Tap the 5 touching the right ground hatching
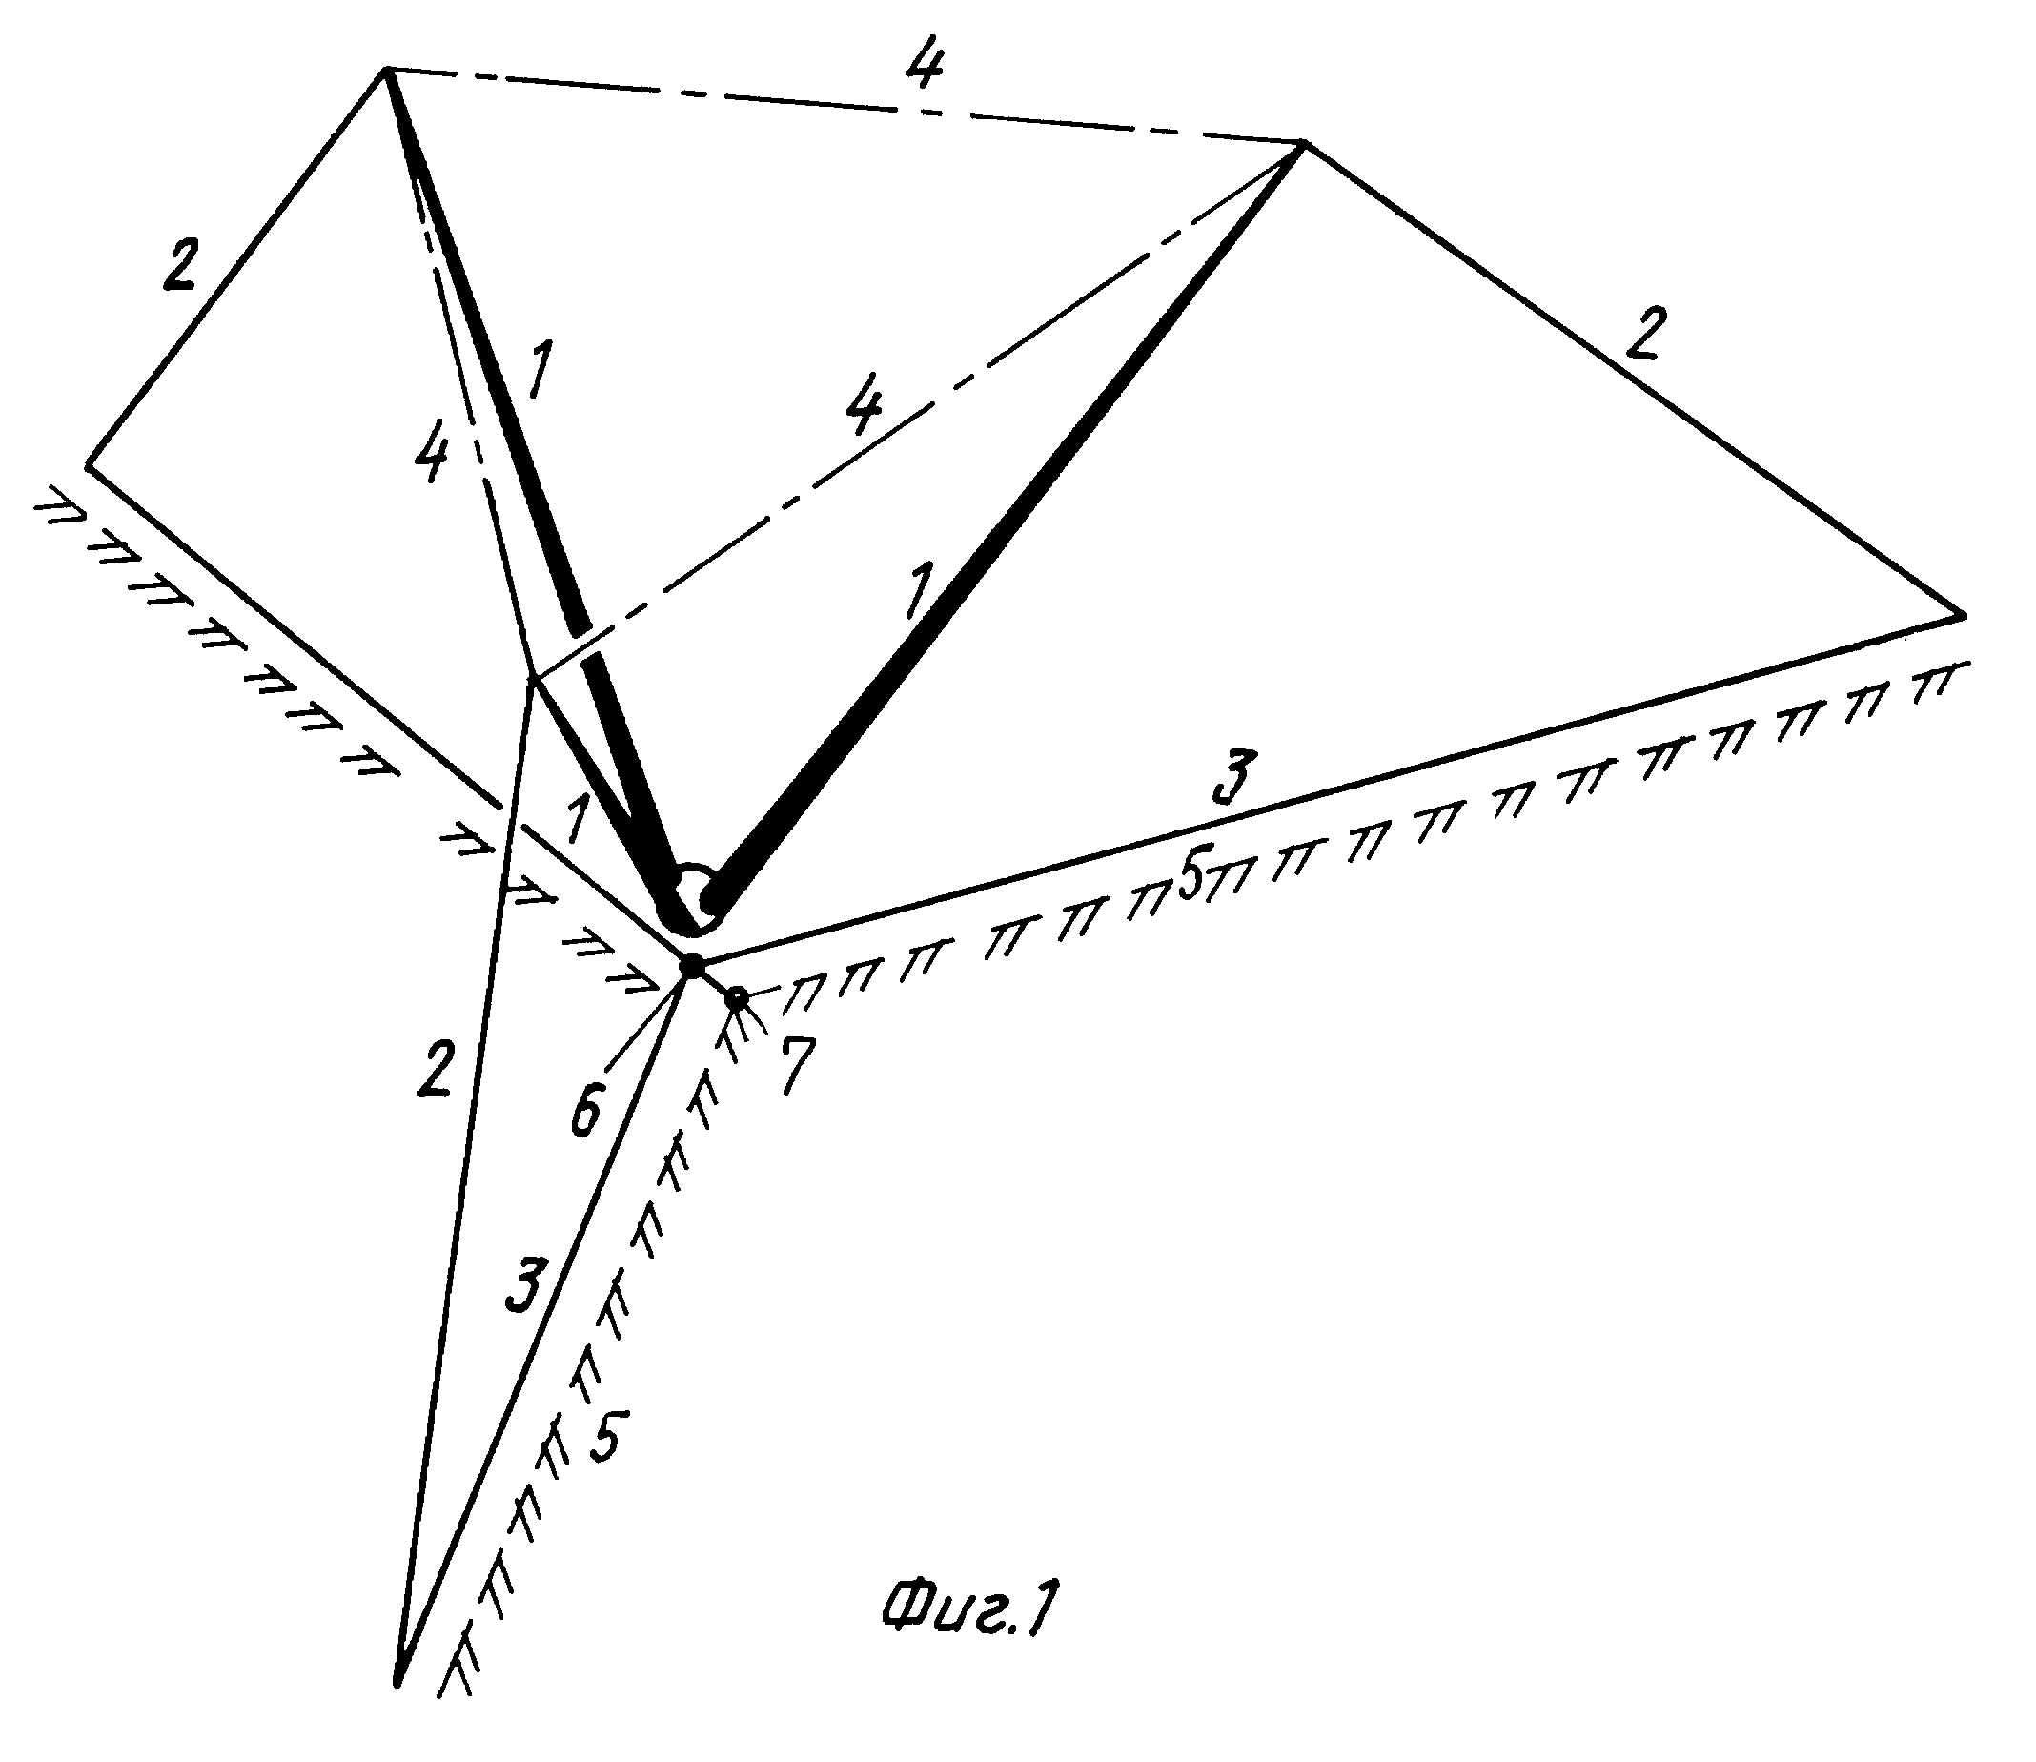point(1191,874)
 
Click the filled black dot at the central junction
point(692,966)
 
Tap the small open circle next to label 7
point(737,1000)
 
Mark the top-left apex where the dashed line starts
point(385,69)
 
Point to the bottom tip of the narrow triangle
point(398,1685)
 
